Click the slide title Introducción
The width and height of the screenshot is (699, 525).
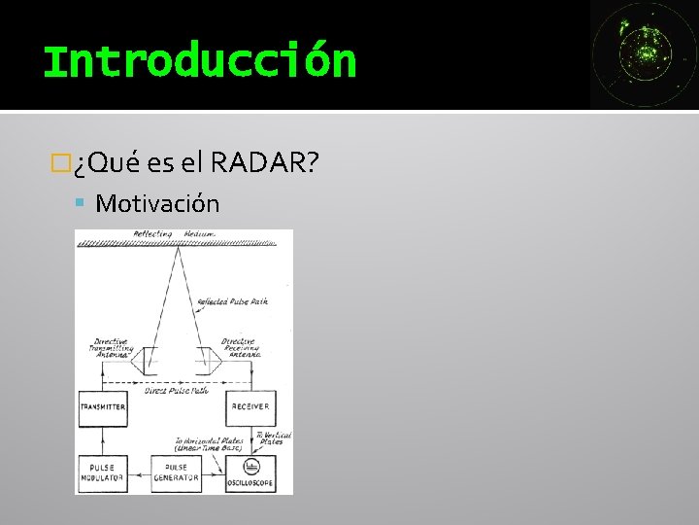click(200, 60)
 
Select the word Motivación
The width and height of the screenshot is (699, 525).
click(157, 204)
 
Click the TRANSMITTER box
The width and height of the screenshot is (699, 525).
click(102, 406)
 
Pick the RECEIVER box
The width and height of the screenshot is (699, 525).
click(250, 406)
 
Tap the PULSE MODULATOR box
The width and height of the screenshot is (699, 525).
click(102, 472)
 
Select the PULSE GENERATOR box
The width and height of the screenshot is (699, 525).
click(176, 472)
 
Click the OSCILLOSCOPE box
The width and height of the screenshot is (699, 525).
click(250, 473)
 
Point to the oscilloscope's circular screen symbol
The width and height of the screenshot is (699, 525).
click(250, 466)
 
